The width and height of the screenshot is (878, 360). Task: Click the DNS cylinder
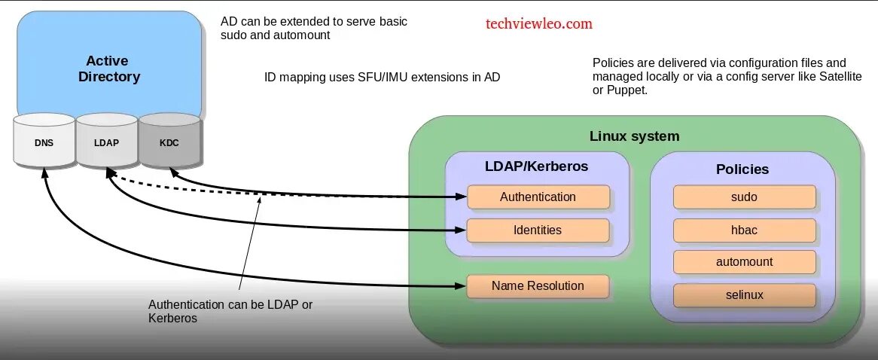click(x=44, y=142)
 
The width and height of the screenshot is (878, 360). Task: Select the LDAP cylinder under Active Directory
click(x=106, y=142)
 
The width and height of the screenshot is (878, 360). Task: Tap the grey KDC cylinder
click(x=169, y=142)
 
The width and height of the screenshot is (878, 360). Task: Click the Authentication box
click(x=538, y=197)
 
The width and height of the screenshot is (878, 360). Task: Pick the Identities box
click(x=538, y=230)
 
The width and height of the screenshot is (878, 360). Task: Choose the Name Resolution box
click(x=538, y=286)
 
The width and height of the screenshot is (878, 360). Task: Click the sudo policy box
click(x=744, y=197)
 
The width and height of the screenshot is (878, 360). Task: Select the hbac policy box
click(x=744, y=230)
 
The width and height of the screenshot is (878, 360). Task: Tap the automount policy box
click(x=744, y=262)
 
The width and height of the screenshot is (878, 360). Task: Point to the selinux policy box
click(x=744, y=295)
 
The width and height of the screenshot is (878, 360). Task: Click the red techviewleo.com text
click(x=538, y=23)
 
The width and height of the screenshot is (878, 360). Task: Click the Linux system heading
click(x=634, y=136)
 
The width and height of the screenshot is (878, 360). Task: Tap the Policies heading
click(x=742, y=169)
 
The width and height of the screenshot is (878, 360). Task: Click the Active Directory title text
click(x=108, y=69)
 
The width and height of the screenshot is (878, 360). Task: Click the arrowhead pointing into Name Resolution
click(x=460, y=286)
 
